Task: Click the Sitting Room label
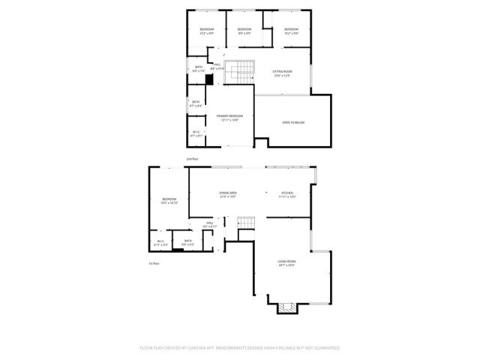282,71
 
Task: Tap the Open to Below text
293,122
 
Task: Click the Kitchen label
288,193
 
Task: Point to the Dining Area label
228,193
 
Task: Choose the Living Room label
287,262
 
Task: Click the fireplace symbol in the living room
283,307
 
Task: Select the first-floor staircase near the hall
247,223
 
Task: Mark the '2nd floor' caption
192,160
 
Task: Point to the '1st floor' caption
154,263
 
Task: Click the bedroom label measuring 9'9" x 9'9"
244,29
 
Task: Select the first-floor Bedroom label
169,199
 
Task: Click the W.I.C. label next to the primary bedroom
196,133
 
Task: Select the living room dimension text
287,265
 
